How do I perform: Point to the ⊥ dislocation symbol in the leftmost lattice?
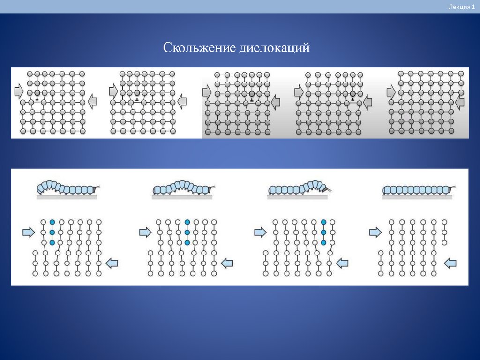(37, 99)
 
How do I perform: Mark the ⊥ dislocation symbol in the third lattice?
(252, 100)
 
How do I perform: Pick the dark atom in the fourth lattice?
(352, 94)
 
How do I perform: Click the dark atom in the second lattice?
(137, 93)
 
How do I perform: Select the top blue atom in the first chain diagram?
(52, 222)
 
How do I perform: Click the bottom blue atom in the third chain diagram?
(323, 243)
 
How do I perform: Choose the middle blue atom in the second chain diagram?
(187, 232)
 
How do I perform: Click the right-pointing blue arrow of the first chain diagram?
(29, 232)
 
